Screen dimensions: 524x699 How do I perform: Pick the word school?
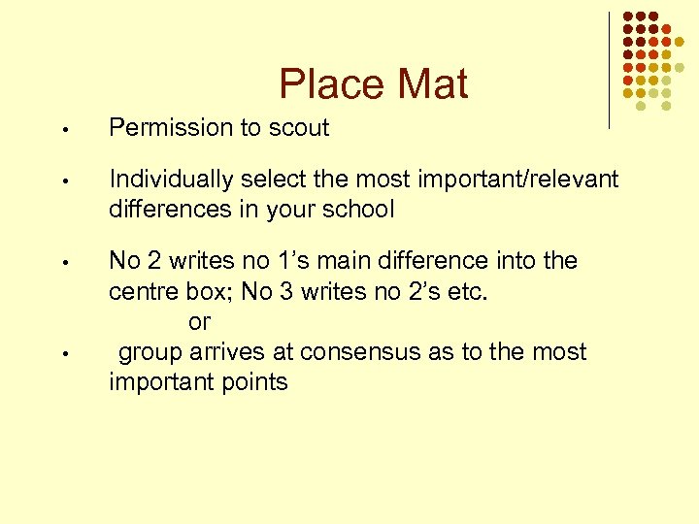click(x=359, y=209)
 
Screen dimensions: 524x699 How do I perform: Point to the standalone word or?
click(x=200, y=321)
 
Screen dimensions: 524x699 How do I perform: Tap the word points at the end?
click(x=255, y=381)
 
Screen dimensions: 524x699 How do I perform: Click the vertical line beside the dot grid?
click(x=609, y=70)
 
